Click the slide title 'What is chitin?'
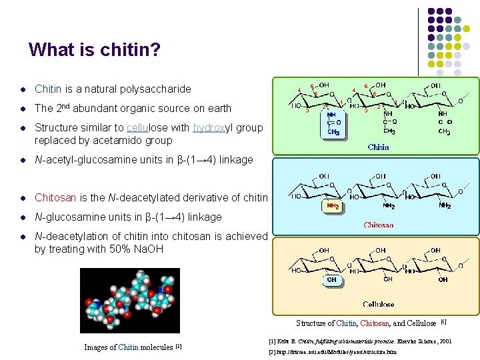pyautogui.click(x=95, y=50)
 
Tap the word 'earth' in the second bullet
pyautogui.click(x=217, y=108)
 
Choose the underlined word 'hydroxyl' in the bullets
pyautogui.click(x=213, y=127)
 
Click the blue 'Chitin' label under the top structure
pyautogui.click(x=378, y=147)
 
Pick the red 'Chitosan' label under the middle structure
pyautogui.click(x=378, y=225)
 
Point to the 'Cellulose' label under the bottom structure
pyautogui.click(x=378, y=304)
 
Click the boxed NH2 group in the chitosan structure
pyautogui.click(x=332, y=206)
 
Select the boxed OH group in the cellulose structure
pyautogui.click(x=331, y=280)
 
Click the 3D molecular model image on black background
pyautogui.click(x=130, y=300)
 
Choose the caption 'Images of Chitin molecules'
pyautogui.click(x=133, y=347)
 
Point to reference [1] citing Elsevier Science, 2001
pyautogui.click(x=359, y=341)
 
